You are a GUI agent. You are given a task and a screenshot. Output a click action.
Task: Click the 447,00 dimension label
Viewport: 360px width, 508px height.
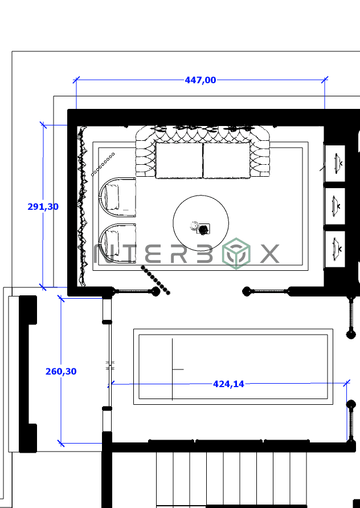201,80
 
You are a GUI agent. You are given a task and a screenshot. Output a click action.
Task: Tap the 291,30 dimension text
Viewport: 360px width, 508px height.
43,207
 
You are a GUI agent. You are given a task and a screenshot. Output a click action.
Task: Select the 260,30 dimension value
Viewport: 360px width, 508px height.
61,372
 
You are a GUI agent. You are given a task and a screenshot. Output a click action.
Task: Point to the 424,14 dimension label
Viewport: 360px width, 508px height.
228,384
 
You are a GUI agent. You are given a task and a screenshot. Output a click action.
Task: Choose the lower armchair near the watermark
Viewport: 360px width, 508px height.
117,242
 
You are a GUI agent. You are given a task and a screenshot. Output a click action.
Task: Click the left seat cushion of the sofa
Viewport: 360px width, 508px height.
179,160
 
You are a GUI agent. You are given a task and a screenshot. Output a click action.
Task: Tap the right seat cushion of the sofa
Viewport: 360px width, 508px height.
226,160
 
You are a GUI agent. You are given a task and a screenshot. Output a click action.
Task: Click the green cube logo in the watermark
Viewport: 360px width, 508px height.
236,254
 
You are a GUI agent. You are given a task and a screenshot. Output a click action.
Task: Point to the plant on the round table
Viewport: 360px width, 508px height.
202,228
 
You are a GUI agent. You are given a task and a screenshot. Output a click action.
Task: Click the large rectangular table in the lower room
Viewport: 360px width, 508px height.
233,367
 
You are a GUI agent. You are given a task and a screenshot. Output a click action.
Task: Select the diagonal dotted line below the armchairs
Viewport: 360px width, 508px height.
156,280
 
